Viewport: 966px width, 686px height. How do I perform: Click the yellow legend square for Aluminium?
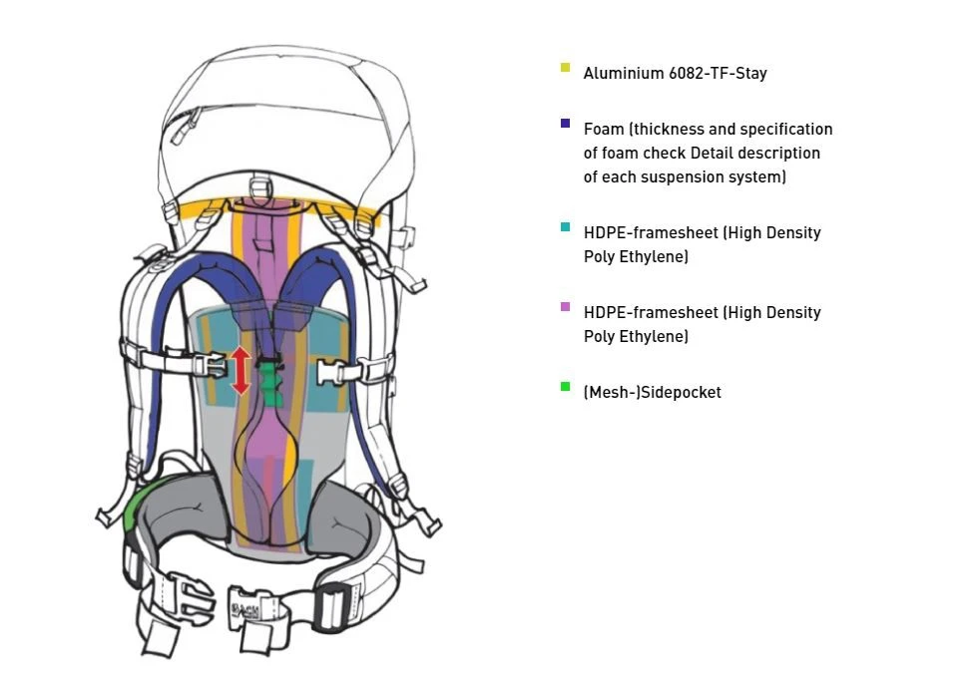(x=566, y=68)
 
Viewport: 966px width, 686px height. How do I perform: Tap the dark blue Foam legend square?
(x=566, y=125)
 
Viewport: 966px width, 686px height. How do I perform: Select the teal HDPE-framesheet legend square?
(x=566, y=228)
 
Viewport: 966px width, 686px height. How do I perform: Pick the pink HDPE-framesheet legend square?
(x=566, y=307)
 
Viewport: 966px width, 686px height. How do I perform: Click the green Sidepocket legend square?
(x=566, y=387)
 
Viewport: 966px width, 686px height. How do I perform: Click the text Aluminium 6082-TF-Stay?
(x=675, y=74)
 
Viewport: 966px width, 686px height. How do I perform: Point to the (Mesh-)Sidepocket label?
(x=652, y=393)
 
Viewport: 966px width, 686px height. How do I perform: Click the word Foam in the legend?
(x=602, y=130)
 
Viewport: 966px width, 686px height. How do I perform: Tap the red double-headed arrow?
(x=241, y=369)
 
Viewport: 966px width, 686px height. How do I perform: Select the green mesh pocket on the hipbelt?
(x=130, y=510)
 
